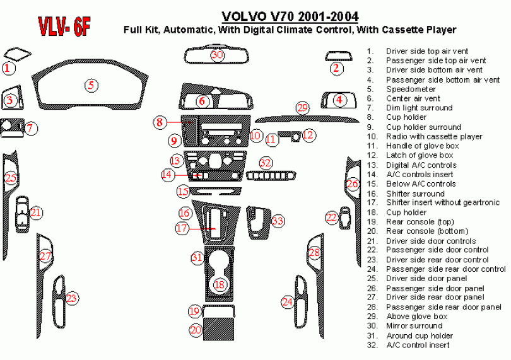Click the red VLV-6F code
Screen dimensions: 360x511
pyautogui.click(x=65, y=26)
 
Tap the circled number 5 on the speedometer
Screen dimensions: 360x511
pyautogui.click(x=91, y=85)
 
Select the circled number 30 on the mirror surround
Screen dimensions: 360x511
pyautogui.click(x=218, y=55)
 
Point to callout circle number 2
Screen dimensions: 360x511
pyautogui.click(x=337, y=68)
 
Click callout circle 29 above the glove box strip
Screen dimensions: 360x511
pyautogui.click(x=303, y=108)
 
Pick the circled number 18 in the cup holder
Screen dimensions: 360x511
pyautogui.click(x=220, y=285)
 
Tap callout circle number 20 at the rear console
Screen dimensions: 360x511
pyautogui.click(x=196, y=329)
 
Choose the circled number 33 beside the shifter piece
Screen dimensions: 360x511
pyautogui.click(x=278, y=221)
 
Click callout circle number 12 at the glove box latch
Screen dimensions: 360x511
pyautogui.click(x=308, y=135)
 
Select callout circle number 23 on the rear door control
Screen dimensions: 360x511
pyautogui.click(x=71, y=298)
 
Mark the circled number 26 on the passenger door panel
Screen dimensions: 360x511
pyautogui.click(x=353, y=183)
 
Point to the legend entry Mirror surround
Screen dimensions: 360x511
pyautogui.click(x=414, y=326)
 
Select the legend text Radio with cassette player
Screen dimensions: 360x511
pyautogui.click(x=434, y=136)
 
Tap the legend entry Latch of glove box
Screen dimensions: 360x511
pyautogui.click(x=420, y=155)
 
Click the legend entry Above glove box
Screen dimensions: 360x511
pyautogui.click(x=416, y=316)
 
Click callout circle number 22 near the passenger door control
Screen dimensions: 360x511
pyautogui.click(x=332, y=218)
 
